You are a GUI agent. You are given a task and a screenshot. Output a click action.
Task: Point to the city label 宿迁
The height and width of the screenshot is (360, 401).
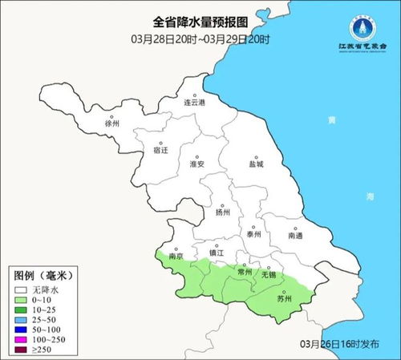tap(160, 150)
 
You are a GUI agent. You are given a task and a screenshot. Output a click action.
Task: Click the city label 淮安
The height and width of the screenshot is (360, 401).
tap(197, 164)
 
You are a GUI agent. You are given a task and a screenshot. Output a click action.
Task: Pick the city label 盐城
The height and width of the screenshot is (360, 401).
tap(256, 164)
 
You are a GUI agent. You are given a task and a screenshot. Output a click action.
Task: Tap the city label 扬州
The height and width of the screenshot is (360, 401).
tap(223, 212)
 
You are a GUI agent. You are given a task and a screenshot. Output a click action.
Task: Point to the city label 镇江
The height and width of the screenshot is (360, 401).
tap(217, 253)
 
